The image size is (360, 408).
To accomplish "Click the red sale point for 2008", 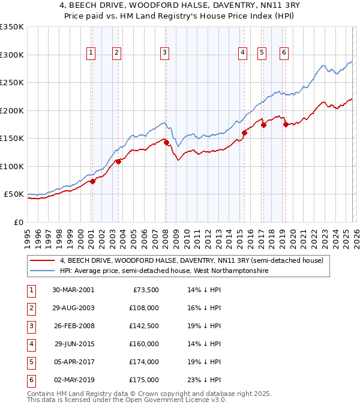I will tap(166, 142).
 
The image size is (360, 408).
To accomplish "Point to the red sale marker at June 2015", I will tap(244, 133).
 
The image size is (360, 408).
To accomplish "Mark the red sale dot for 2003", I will tap(119, 161).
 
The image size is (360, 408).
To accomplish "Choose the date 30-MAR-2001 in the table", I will tap(73, 290).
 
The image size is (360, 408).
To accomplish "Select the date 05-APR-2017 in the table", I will tap(73, 362).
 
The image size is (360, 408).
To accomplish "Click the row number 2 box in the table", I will tap(30, 308).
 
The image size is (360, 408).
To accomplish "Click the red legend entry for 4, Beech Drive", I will tap(191, 261).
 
